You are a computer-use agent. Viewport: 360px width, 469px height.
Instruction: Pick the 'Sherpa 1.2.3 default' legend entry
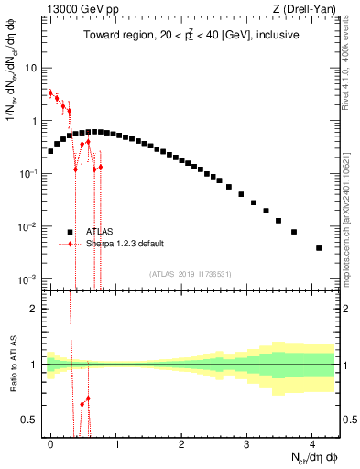[125, 244]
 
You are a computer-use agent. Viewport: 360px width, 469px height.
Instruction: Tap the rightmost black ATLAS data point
[319, 248]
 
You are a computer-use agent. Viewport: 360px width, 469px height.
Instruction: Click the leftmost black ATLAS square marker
[50, 151]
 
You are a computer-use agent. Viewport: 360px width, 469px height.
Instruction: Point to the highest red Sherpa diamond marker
[50, 93]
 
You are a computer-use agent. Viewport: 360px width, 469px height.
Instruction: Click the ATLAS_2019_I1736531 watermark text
[190, 274]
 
